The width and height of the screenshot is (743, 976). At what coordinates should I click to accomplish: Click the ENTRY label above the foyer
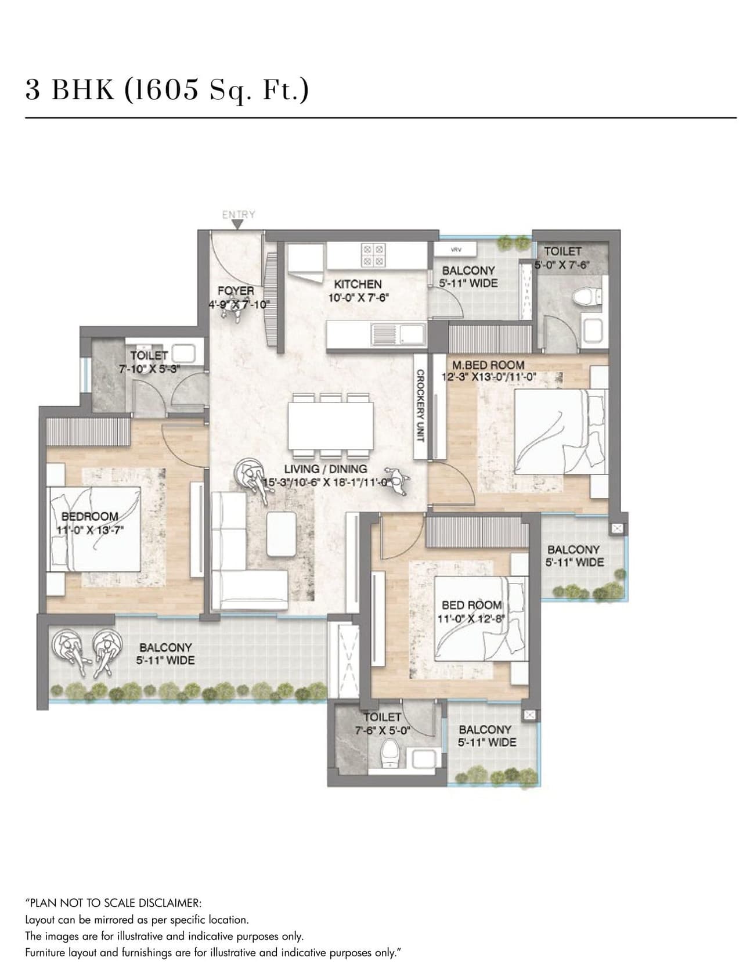tap(239, 215)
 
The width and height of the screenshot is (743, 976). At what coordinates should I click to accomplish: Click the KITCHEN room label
tap(358, 284)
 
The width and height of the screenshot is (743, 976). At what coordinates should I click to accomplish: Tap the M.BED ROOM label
tap(488, 365)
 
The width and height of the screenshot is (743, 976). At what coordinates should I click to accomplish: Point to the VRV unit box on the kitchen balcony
tap(456, 250)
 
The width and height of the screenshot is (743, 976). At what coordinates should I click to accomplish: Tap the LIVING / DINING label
tap(325, 469)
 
